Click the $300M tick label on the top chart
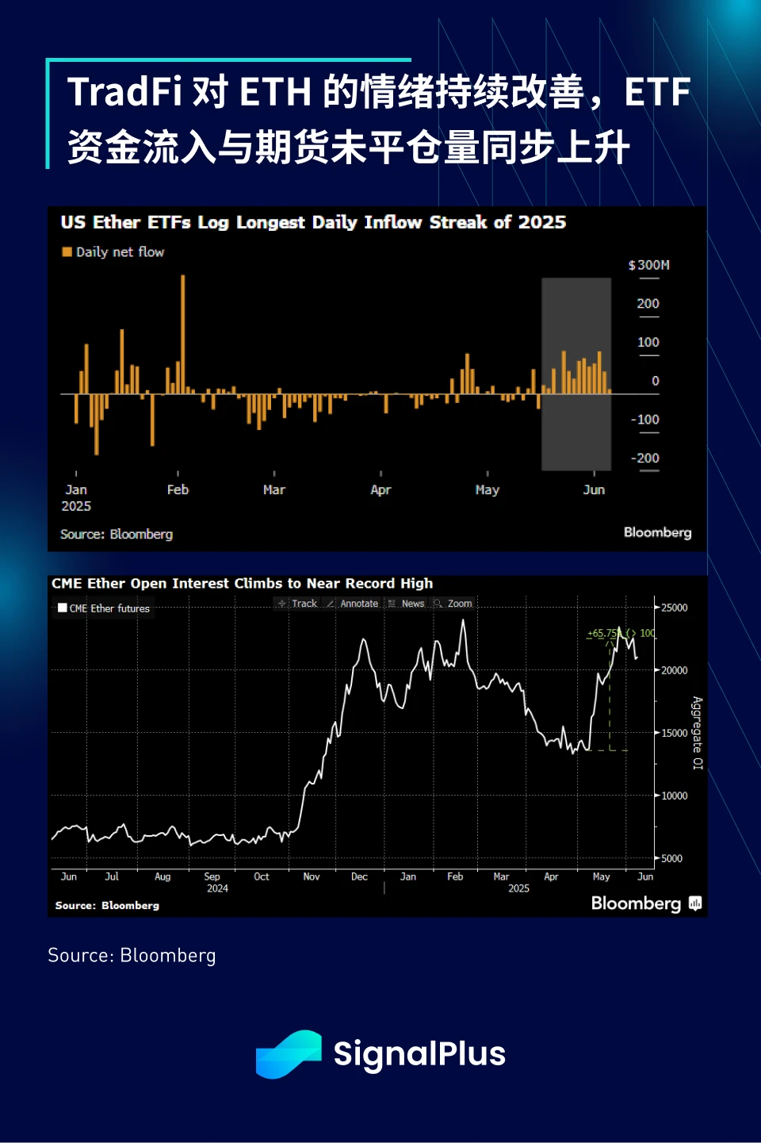(648, 265)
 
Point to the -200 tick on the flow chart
(645, 458)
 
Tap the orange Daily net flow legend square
(67, 251)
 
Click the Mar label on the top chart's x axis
(274, 489)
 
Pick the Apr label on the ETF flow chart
(380, 489)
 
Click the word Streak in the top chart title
(458, 222)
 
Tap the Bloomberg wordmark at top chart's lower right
(657, 532)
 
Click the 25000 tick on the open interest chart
(674, 608)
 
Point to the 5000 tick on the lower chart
(671, 858)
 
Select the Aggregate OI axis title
(698, 733)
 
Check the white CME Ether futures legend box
(63, 608)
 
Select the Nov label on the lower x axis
(312, 876)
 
